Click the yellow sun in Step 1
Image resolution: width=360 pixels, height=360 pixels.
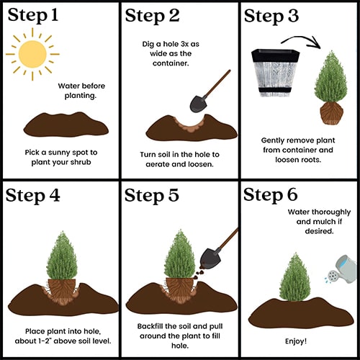(32, 54)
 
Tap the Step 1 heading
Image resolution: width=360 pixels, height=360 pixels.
(33, 15)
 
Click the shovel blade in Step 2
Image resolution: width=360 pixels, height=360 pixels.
(198, 104)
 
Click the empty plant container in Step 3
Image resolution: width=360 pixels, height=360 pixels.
(276, 73)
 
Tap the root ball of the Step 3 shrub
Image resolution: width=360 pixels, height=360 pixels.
(332, 113)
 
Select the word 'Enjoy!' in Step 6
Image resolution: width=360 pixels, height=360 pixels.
(296, 341)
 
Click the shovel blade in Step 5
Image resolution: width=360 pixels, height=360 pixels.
(209, 259)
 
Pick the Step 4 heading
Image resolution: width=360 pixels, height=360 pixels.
(33, 195)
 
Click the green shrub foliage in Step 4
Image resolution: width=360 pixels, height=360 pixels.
(62, 256)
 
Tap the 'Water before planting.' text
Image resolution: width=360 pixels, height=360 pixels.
(81, 91)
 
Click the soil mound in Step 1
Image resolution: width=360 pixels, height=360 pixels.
(66, 125)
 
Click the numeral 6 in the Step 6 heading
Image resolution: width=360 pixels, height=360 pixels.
(292, 194)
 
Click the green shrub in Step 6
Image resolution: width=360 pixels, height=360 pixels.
(295, 277)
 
